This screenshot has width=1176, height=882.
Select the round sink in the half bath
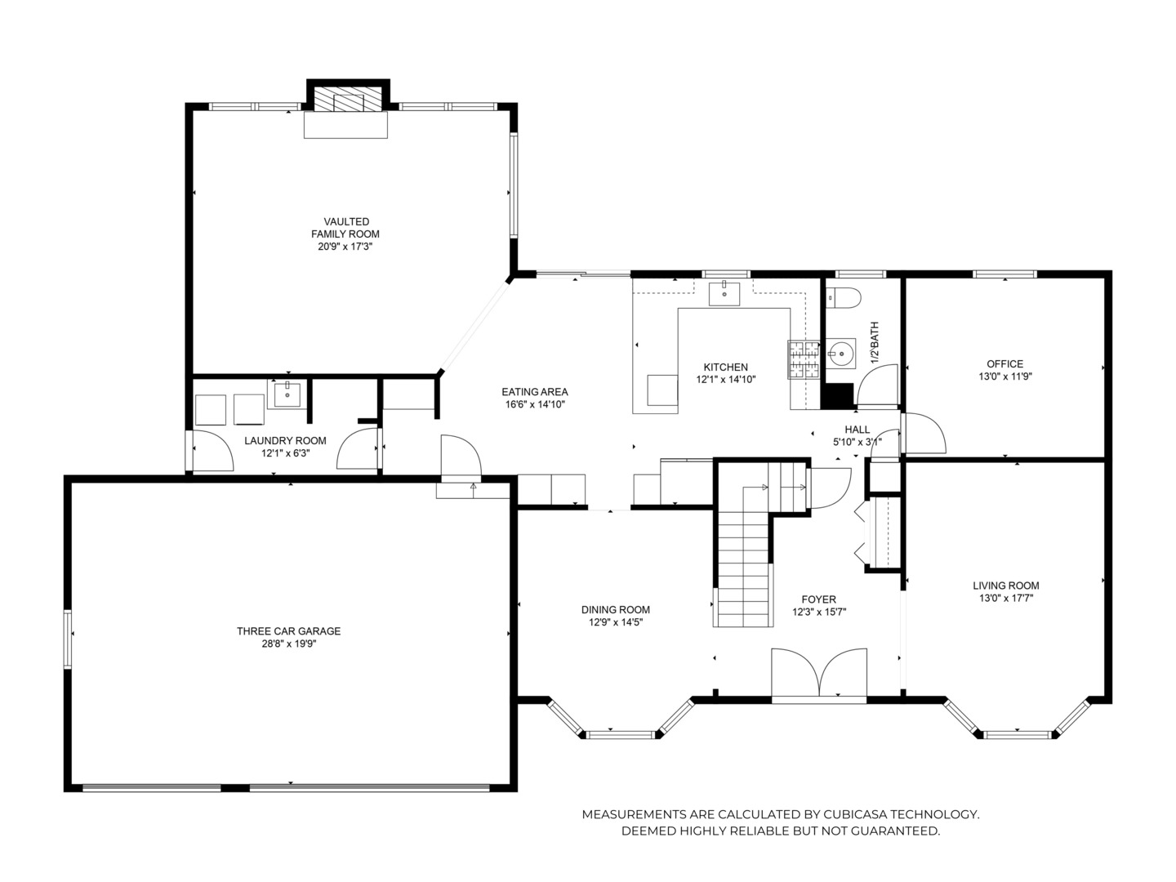pyautogui.click(x=838, y=354)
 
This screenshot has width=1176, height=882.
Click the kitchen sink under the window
pyautogui.click(x=724, y=292)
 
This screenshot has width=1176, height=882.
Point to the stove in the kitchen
pyautogui.click(x=803, y=359)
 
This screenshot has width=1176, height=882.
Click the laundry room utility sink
pyautogui.click(x=287, y=394)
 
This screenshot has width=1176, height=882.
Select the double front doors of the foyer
pyautogui.click(x=819, y=675)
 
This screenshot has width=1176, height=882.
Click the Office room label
pyautogui.click(x=1004, y=364)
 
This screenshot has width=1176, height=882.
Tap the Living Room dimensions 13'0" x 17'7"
pyautogui.click(x=1006, y=598)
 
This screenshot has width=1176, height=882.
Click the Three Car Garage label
pyautogui.click(x=288, y=631)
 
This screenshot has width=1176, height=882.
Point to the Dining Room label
pyautogui.click(x=616, y=609)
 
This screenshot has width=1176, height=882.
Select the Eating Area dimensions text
pyautogui.click(x=535, y=404)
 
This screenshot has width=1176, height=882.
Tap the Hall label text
pyautogui.click(x=857, y=430)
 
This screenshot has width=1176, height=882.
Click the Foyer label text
pyautogui.click(x=818, y=599)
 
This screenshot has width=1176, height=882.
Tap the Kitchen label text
pyautogui.click(x=726, y=367)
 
